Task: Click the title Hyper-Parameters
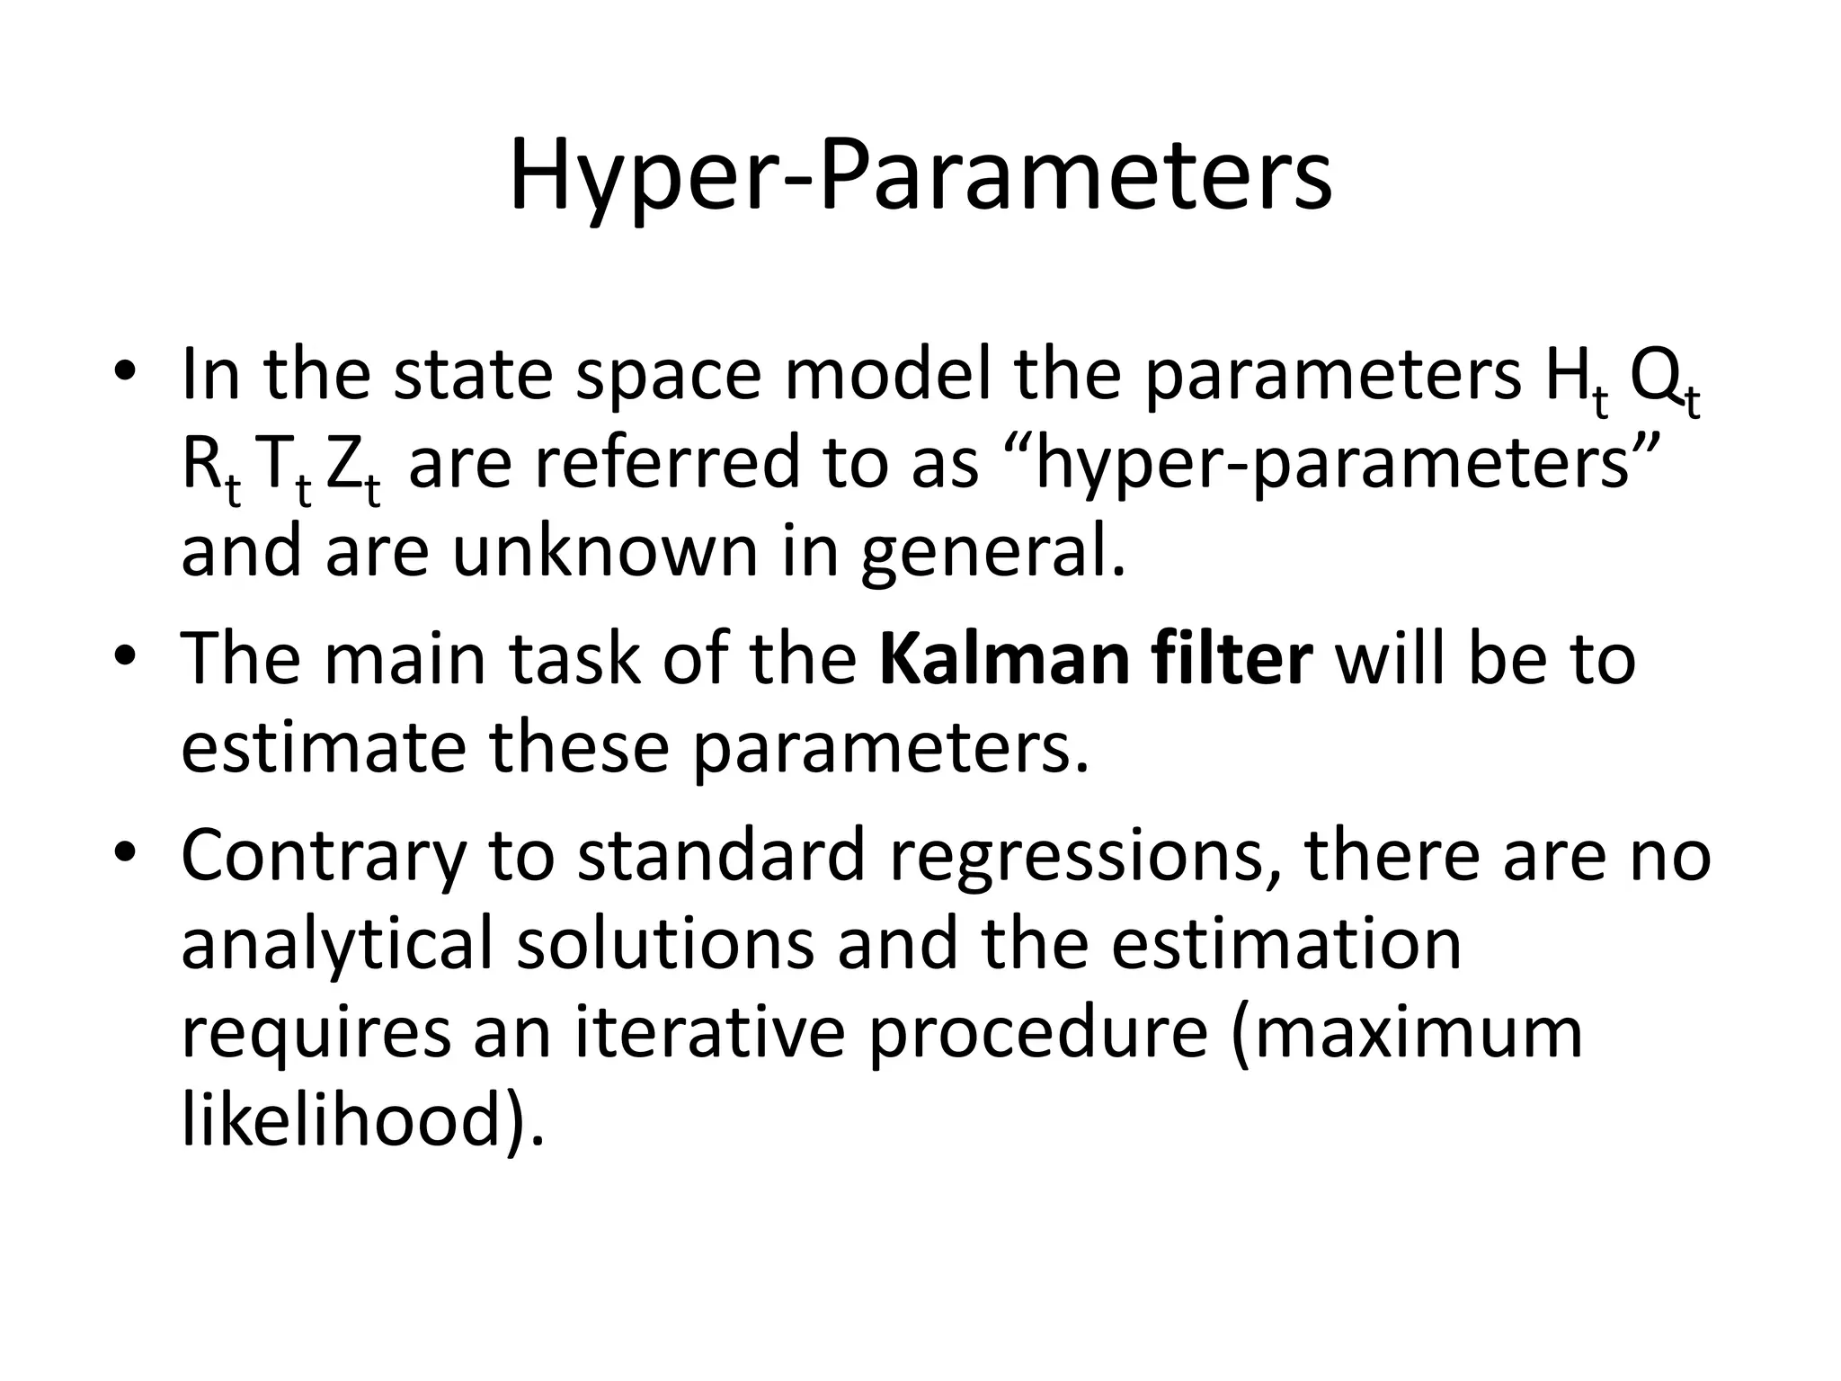[920, 175]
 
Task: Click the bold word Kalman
[1002, 659]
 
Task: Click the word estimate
[324, 748]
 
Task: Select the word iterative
[710, 1032]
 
